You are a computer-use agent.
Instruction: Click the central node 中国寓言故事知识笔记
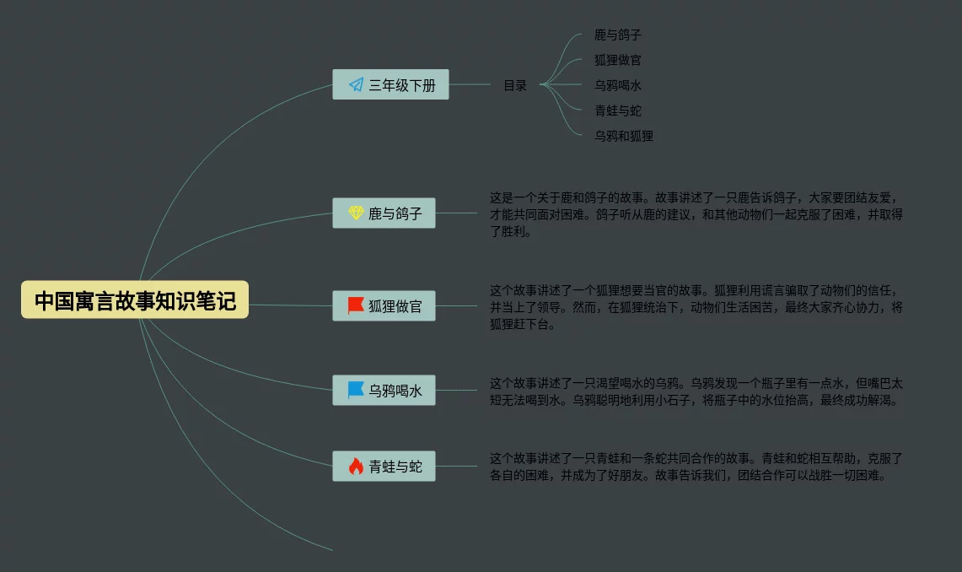pos(135,299)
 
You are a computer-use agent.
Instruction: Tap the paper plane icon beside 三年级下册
pos(356,84)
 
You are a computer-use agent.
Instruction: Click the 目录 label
pos(515,85)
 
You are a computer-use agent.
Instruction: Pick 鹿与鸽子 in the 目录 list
pos(617,35)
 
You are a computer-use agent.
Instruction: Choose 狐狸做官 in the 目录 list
pos(617,60)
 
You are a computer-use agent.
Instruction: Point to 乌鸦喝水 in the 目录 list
pos(617,85)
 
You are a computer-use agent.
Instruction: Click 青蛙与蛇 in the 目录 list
pos(617,111)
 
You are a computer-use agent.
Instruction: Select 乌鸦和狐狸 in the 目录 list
pos(623,136)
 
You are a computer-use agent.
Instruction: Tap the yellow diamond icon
pos(356,213)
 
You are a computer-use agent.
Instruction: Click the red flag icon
pos(356,305)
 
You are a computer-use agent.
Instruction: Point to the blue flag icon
pos(356,390)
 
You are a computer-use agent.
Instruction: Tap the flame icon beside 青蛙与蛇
pos(356,466)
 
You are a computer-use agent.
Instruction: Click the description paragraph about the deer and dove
pos(696,214)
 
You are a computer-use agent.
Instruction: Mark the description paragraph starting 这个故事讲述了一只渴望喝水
pos(696,391)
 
